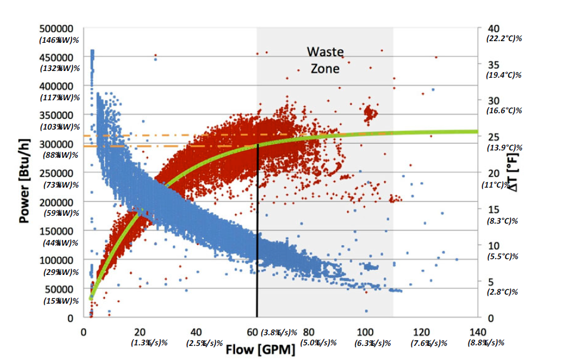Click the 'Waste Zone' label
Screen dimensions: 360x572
coord(325,60)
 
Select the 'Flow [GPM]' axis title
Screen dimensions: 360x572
coord(260,350)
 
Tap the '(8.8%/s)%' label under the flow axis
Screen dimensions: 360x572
coord(486,343)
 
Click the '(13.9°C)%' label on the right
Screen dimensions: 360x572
coord(504,148)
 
